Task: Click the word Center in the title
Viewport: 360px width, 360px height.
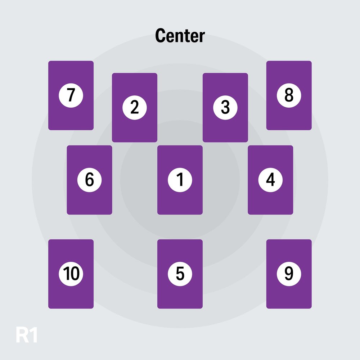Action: coord(180,36)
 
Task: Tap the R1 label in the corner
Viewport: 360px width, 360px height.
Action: coord(27,334)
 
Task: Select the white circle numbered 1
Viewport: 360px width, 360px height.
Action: coord(180,180)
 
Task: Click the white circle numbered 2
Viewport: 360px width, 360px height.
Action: coord(135,107)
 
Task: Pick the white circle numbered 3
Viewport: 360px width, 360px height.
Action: coord(225,107)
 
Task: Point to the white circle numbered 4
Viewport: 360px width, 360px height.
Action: coord(270,180)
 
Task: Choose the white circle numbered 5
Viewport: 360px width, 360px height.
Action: coord(180,274)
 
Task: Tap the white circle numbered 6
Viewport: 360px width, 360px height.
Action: coord(90,180)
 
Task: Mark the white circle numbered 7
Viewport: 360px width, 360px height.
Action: coord(71,95)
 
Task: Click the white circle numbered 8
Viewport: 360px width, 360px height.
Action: coord(289,95)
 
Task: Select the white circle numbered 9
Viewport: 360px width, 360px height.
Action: coord(289,274)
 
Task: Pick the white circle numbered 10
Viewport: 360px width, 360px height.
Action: coord(71,274)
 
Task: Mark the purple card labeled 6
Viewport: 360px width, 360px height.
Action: coord(90,202)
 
